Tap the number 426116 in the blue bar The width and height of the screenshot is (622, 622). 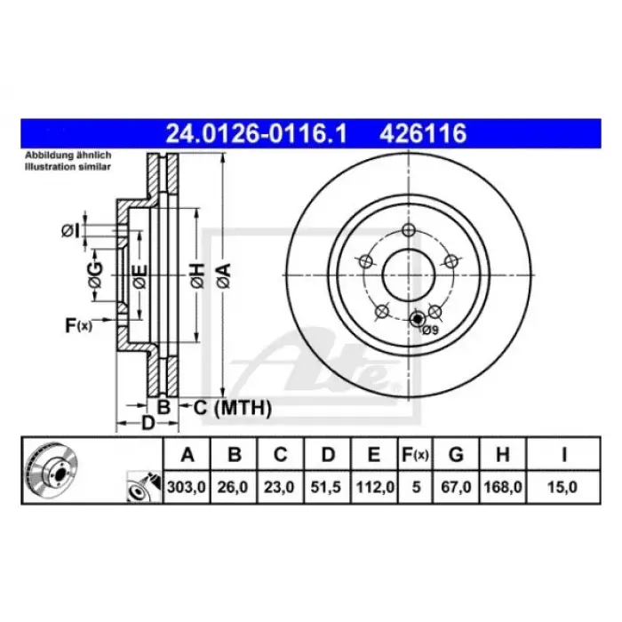coord(423,135)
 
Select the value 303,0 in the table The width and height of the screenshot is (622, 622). coord(187,487)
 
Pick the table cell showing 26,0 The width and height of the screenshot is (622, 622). coord(234,487)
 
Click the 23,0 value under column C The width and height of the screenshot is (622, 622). coord(280,487)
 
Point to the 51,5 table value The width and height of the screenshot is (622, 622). coord(327,487)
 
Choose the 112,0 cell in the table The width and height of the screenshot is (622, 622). coord(374,487)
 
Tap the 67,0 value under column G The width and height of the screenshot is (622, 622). coord(456,487)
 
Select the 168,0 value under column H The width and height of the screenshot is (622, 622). coord(502,487)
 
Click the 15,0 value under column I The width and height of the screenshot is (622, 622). coord(564,487)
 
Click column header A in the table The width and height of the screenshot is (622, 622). coord(187,455)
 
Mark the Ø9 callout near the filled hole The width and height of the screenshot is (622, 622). coord(430,330)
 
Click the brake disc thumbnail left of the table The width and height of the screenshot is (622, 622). coord(54,470)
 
